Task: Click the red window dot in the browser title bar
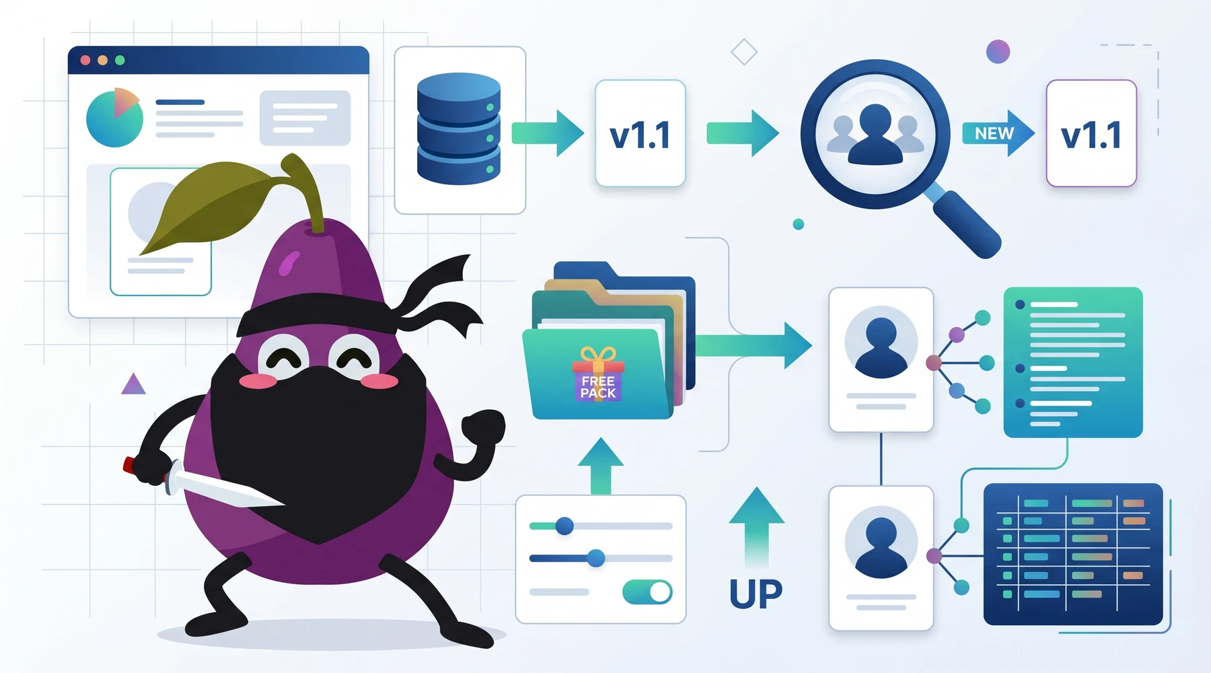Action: pos(85,60)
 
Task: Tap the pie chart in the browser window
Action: pos(114,117)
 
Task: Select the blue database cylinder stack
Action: pos(459,129)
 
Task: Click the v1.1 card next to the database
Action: pos(640,133)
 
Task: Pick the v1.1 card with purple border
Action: pos(1091,133)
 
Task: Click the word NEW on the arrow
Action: pos(994,134)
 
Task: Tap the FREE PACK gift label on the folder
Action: pos(598,386)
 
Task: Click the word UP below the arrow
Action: pos(756,594)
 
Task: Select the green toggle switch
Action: pos(647,592)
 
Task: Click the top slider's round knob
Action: pos(564,526)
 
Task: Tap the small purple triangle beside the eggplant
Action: pos(133,385)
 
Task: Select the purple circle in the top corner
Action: pos(998,51)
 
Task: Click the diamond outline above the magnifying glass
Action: pos(744,52)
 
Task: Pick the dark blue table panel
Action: pos(1073,554)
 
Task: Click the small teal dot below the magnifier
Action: pos(799,224)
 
